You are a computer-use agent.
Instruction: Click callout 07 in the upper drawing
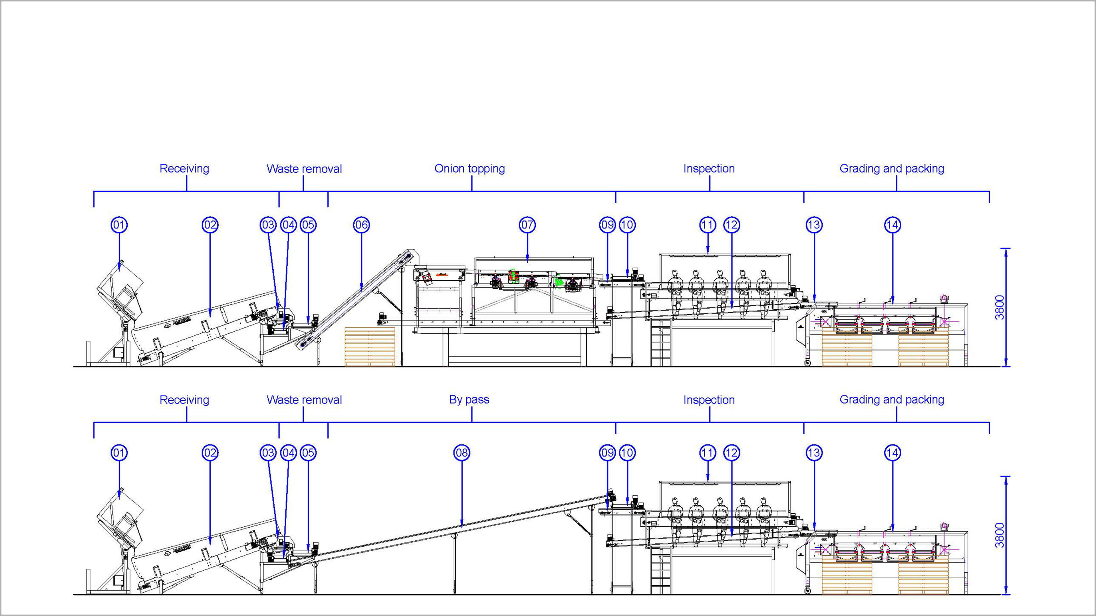[x=527, y=225]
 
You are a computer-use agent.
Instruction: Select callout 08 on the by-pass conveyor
[x=462, y=453]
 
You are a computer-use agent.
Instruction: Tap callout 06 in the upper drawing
[x=362, y=225]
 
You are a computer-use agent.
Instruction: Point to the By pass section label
[x=469, y=400]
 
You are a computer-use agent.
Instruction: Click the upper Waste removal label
[x=304, y=169]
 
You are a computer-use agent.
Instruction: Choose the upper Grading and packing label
[x=892, y=169]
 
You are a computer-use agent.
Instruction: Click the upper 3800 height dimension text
[x=1000, y=307]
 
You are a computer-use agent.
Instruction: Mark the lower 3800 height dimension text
[x=1000, y=535]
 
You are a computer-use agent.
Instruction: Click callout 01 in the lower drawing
[x=119, y=453]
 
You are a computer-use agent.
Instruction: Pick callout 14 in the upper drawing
[x=892, y=225]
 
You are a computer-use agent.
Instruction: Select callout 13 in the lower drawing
[x=814, y=453]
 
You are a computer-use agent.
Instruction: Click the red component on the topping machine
[x=513, y=276]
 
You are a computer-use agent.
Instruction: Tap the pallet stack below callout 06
[x=370, y=346]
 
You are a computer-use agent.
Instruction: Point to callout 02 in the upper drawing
[x=210, y=225]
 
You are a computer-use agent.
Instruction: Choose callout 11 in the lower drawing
[x=708, y=453]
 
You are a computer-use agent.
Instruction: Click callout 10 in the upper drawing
[x=627, y=225]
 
